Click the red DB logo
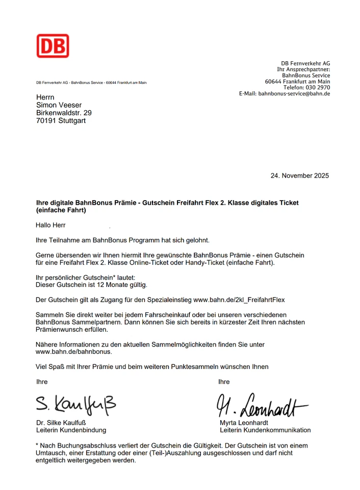[53, 46]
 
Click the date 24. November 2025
[299, 176]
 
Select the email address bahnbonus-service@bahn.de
[294, 94]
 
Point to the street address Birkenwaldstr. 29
[64, 113]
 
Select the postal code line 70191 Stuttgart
[61, 121]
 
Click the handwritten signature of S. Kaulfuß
[76, 404]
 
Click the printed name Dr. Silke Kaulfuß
[62, 423]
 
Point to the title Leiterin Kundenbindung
[71, 430]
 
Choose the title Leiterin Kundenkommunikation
[265, 430]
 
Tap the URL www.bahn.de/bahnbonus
[73, 352]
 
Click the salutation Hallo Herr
[50, 225]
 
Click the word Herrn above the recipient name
[45, 97]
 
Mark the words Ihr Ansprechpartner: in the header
[303, 69]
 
